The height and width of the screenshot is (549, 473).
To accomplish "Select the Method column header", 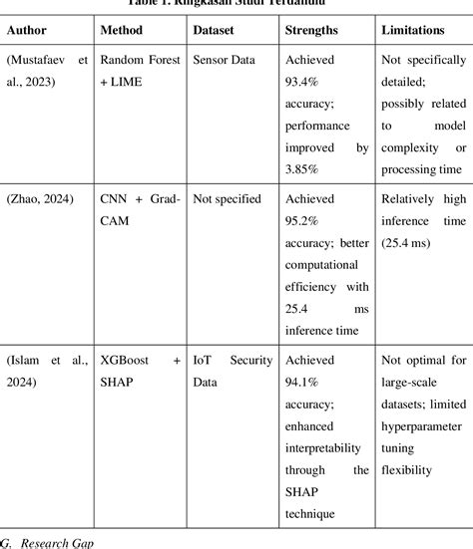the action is (125, 30).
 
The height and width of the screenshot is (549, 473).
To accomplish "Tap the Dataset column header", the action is (216, 30).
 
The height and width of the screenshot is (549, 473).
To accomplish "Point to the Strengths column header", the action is (311, 30).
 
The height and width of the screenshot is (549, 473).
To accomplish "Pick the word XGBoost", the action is (127, 356).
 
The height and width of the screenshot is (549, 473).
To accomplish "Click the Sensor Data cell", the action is (225, 61).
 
